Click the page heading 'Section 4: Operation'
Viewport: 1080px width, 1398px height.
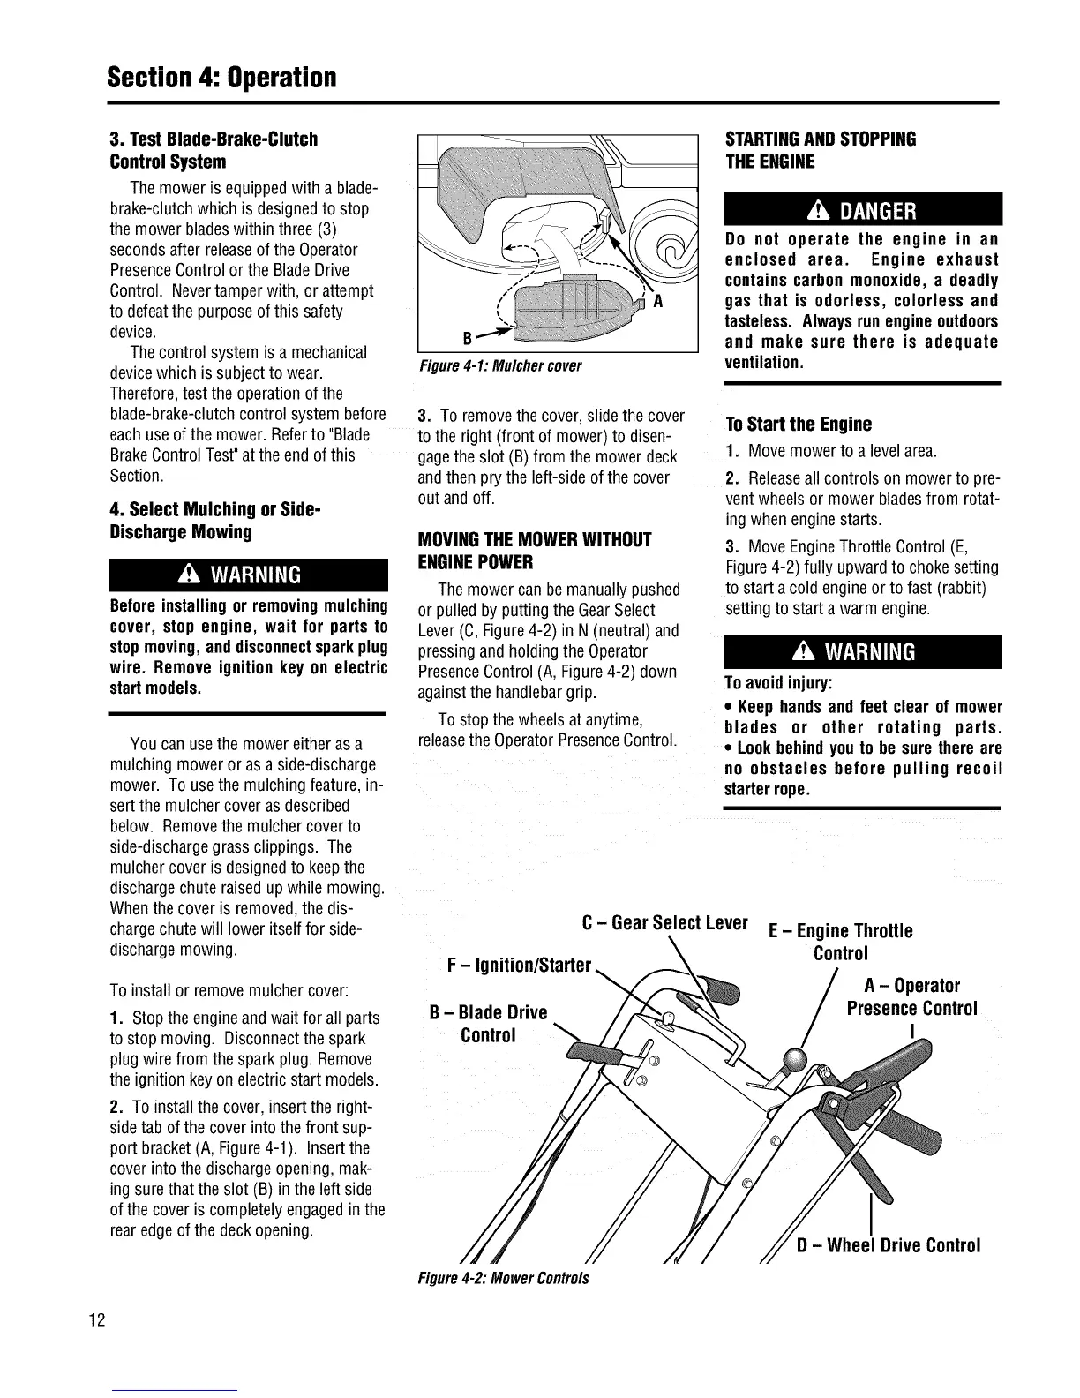click(x=221, y=76)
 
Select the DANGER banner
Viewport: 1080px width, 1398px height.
click(x=862, y=211)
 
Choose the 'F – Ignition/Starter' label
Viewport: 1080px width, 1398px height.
click(x=519, y=966)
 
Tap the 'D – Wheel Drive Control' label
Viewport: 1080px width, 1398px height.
click(x=888, y=1245)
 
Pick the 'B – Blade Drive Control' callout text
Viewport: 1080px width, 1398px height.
click(x=488, y=1023)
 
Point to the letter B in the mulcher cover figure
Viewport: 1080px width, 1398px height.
click(x=466, y=339)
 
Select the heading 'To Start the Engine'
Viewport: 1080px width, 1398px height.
click(x=798, y=424)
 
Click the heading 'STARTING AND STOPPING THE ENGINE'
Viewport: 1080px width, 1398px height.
click(x=820, y=150)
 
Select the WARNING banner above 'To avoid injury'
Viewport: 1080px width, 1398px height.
click(x=862, y=651)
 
